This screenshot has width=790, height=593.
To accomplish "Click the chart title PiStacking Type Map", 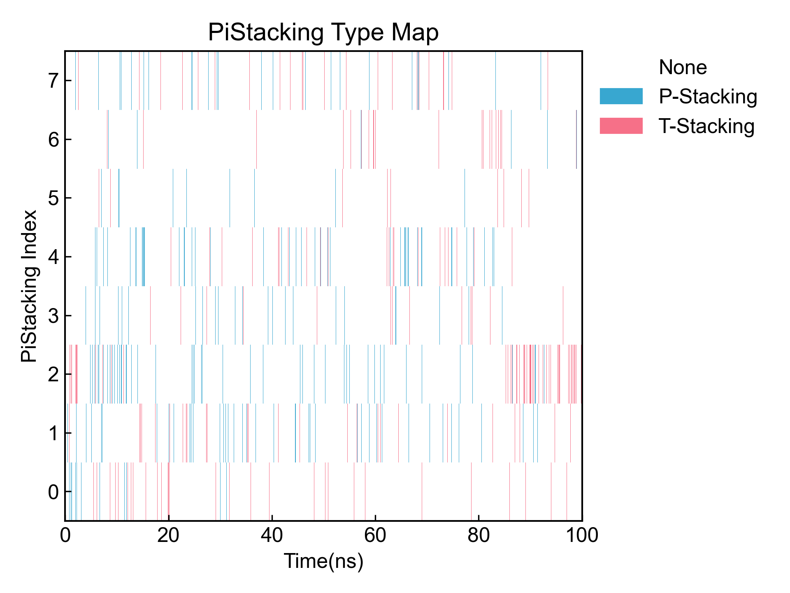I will (323, 33).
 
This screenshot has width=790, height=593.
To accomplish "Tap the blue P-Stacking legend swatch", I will (621, 96).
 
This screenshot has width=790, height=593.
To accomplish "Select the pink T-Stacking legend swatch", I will (621, 126).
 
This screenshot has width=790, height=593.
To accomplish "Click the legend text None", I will (683, 67).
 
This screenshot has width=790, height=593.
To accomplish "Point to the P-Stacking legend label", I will (708, 97).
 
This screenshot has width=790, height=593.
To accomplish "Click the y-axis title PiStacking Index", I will (29, 286).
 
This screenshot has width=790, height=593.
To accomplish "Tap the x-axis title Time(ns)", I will (323, 561).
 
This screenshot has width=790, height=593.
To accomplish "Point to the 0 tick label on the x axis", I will (65, 536).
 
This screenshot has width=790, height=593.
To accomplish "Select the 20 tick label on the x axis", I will (169, 536).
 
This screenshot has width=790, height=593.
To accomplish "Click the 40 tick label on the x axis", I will (272, 536).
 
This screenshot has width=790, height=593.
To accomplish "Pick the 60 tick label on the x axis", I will (375, 536).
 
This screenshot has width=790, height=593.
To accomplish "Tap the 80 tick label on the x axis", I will (479, 536).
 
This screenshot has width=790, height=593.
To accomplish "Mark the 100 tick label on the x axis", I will (582, 536).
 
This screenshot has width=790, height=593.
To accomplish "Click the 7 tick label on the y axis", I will (53, 81).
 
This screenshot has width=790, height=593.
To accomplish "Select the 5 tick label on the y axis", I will (53, 198).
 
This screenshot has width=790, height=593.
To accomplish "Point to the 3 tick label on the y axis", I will (53, 316).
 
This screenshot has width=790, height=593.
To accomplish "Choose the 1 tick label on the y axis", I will (53, 433).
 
